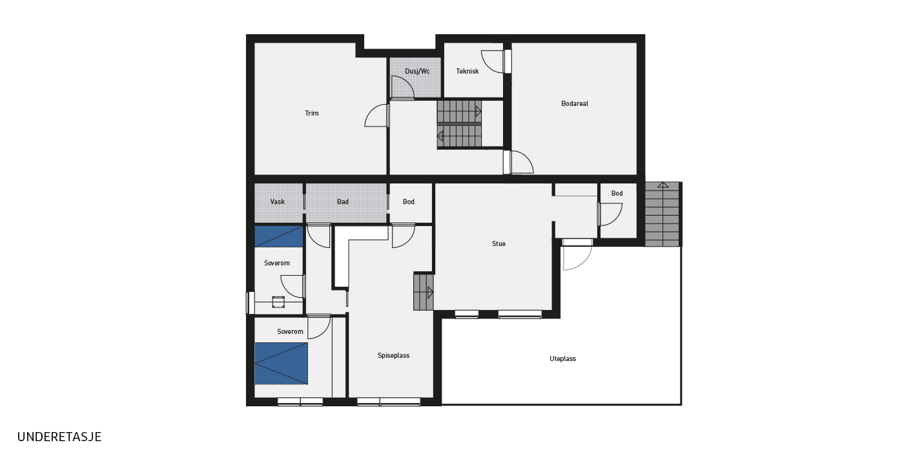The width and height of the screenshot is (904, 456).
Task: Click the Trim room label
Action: point(311,114)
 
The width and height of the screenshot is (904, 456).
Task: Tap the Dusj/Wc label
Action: point(417,72)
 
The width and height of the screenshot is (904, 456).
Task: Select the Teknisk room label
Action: point(467,72)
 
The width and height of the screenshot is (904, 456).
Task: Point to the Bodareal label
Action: point(575,104)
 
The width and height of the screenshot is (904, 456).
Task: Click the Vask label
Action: point(277,202)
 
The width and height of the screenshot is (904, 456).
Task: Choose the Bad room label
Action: point(343,202)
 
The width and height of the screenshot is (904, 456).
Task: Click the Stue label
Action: point(498,244)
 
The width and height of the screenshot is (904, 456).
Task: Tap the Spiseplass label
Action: point(393,355)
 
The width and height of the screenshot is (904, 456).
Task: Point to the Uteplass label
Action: point(562,358)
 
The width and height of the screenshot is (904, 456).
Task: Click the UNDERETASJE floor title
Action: point(59,437)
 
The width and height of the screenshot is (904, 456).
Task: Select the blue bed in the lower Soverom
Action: point(282,364)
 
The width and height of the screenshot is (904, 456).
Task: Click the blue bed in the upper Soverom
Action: point(279,236)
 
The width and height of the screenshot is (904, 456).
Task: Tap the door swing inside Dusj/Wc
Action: point(403,87)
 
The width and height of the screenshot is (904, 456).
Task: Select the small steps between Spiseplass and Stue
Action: point(424,292)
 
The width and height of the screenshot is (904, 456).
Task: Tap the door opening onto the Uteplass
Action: point(577,254)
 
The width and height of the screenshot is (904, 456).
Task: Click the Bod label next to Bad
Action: point(408,202)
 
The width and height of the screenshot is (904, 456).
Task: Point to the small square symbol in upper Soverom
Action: point(278,302)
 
